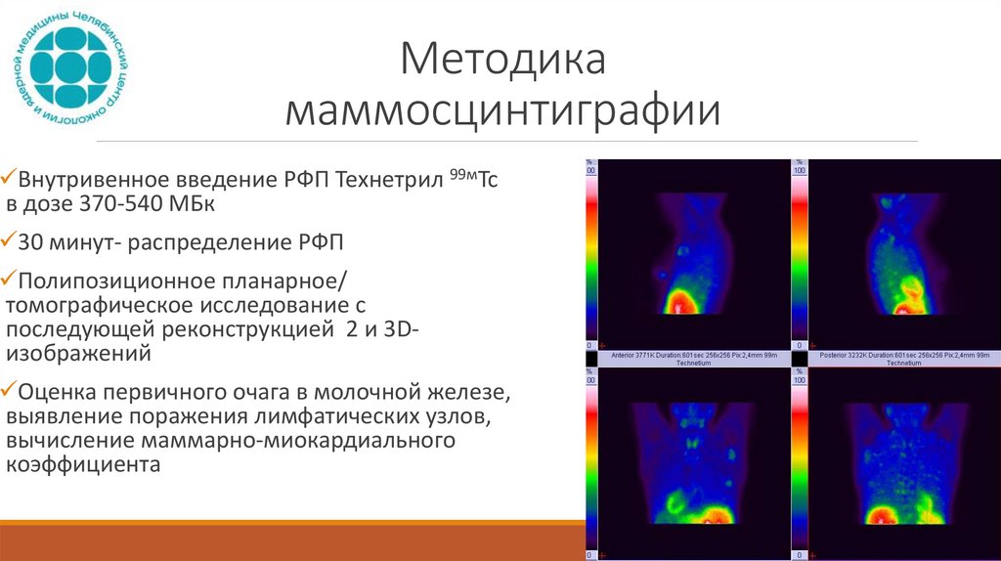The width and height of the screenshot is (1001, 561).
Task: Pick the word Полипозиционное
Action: pos(116,280)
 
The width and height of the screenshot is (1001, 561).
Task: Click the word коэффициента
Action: pos(82,466)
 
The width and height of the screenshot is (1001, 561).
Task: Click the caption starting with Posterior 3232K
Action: pos(896,358)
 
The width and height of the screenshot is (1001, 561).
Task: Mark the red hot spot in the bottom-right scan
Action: pos(885,515)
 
